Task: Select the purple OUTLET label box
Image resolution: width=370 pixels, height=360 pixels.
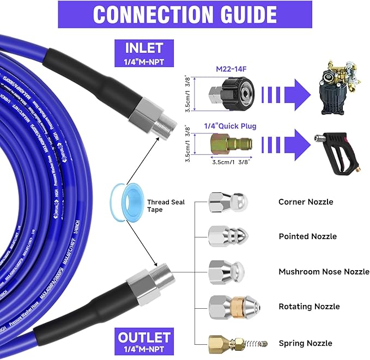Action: click(x=144, y=341)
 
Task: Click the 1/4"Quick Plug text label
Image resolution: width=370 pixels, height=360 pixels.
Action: click(x=229, y=126)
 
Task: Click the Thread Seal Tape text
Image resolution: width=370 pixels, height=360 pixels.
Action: click(x=166, y=206)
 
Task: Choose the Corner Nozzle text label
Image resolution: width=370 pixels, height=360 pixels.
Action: click(x=305, y=202)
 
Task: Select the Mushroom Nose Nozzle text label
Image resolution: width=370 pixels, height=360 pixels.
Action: click(x=324, y=272)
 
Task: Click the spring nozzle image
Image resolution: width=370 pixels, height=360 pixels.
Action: click(x=238, y=343)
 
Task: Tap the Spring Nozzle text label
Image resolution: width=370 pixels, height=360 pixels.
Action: click(x=305, y=343)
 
